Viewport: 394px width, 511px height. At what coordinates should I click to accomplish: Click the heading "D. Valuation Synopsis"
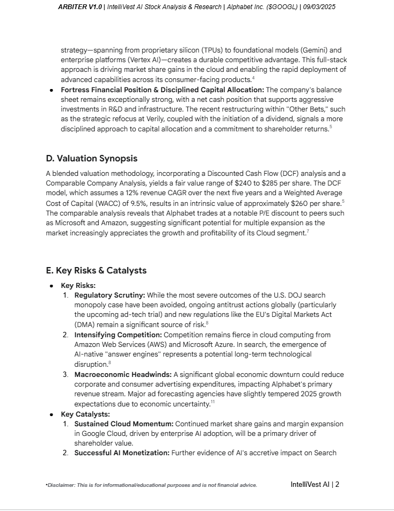click(91, 158)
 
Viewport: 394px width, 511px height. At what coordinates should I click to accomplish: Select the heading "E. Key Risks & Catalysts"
click(96, 270)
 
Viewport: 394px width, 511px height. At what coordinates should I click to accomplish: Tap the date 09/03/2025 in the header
click(319, 7)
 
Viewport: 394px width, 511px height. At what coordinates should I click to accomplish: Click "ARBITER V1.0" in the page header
click(80, 7)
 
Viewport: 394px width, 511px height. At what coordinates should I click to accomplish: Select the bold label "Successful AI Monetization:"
click(122, 453)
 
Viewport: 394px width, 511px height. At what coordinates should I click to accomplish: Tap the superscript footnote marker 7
click(308, 231)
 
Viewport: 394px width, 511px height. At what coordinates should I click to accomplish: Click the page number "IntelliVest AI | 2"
click(315, 484)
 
